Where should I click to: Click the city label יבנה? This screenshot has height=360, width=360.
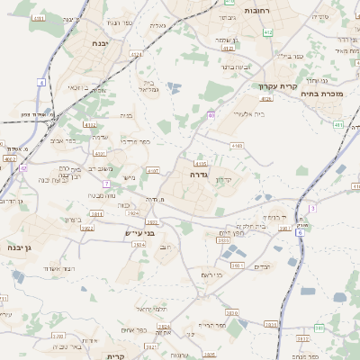101,41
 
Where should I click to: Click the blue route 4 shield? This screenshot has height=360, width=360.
41,82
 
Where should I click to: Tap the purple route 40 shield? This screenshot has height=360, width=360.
211,114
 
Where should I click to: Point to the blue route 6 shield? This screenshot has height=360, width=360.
299,231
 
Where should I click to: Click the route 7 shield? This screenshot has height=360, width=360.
106,183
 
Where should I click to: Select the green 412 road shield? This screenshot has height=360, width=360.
268,32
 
